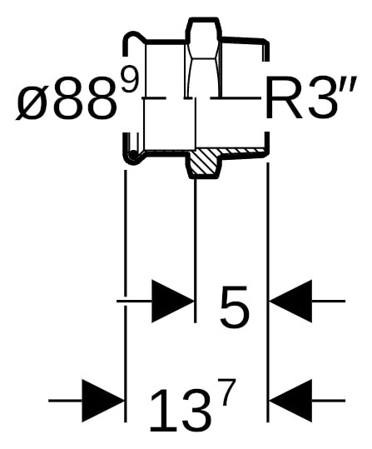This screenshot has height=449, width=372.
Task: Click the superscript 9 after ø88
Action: [130, 81]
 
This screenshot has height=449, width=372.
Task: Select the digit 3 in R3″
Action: [320, 97]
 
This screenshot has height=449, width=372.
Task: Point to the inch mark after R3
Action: [348, 83]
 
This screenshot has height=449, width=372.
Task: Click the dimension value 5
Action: [234, 307]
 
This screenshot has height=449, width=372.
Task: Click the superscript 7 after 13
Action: [226, 392]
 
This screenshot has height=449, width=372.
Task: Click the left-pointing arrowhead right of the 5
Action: [290, 302]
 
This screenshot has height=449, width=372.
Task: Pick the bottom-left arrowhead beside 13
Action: [103, 401]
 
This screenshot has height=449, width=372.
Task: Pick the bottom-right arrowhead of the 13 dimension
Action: [290, 401]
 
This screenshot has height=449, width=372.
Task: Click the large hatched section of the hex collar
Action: [204, 162]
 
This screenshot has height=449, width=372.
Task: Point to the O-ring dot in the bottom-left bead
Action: [133, 155]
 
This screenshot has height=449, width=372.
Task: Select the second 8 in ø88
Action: [102, 98]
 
